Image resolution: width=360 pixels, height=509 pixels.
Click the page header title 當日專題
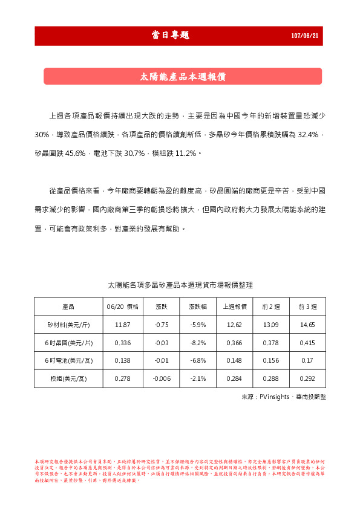pos(170,36)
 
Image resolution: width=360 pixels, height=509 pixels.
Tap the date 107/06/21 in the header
pos(306,36)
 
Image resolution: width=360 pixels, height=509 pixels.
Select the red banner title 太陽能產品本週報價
pos(183,77)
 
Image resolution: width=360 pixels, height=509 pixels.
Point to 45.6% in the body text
pos(74,154)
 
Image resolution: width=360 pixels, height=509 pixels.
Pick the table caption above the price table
pos(180,284)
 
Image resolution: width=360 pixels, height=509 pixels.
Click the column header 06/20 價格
pos(122,307)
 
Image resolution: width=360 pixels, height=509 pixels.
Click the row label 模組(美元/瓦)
pos(68,378)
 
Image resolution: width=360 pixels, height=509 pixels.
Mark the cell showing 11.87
pos(122,325)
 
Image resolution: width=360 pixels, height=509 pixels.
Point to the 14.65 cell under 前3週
pos(307,325)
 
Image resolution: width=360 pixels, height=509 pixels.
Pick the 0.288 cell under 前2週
pos(271,378)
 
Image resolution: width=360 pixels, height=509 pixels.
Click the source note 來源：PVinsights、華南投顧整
pos(283,397)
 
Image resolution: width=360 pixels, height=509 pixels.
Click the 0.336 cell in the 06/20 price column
pos(122,343)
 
